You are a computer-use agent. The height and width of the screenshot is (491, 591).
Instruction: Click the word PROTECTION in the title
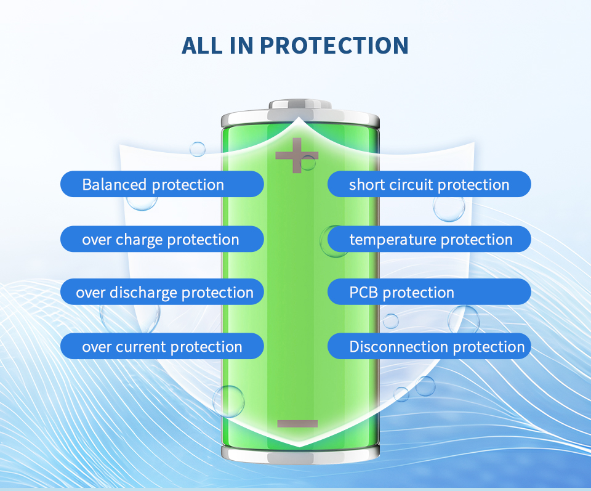(334, 46)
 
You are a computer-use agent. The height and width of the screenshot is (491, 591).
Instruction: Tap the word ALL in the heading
(202, 46)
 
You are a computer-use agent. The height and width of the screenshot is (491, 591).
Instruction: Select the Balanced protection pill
(162, 184)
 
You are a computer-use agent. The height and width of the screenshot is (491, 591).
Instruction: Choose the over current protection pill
(162, 346)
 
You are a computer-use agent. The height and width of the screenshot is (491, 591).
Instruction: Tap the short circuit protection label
(429, 184)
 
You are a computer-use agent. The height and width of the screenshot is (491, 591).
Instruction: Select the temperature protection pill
(429, 239)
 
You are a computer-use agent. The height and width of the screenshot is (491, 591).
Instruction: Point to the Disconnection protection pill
(429, 346)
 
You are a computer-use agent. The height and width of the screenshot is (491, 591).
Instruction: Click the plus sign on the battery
(297, 155)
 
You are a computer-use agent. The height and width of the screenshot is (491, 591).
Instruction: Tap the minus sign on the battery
(297, 423)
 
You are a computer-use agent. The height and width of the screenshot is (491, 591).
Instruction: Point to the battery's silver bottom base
(300, 453)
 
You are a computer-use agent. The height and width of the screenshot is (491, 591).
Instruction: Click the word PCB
(363, 292)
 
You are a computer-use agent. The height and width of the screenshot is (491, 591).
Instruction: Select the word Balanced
(115, 184)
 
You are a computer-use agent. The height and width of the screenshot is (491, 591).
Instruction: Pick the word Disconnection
(399, 347)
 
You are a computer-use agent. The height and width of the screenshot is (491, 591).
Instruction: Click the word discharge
(143, 293)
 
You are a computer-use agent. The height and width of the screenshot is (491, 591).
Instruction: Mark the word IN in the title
(241, 46)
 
